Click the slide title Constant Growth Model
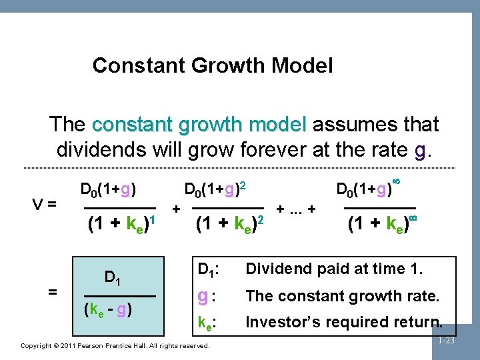(x=212, y=65)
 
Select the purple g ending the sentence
(x=419, y=149)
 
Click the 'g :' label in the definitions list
(x=207, y=295)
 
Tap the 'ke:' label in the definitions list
(x=207, y=323)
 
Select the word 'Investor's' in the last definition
(x=279, y=322)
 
